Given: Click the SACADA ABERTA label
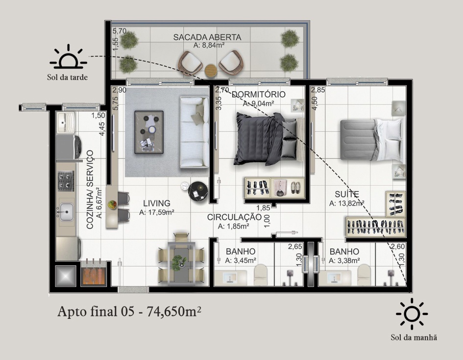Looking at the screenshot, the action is click(207, 38).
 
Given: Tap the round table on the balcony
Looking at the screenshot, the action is click(211, 70).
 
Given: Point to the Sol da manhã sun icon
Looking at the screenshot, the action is click(412, 313).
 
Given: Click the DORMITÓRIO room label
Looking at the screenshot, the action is click(258, 95).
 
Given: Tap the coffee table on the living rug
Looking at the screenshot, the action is click(149, 132).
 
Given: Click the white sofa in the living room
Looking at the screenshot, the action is click(195, 132).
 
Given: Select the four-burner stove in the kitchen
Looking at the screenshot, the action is click(66, 181).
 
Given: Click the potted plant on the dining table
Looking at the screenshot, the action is click(179, 263).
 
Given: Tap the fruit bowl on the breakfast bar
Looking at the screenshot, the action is click(112, 204).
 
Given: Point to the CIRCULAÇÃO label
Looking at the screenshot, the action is click(235, 217).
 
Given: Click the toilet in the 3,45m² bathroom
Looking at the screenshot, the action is click(262, 275).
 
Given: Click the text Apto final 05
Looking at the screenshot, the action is click(96, 312).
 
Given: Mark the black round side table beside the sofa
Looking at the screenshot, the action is click(198, 191).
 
